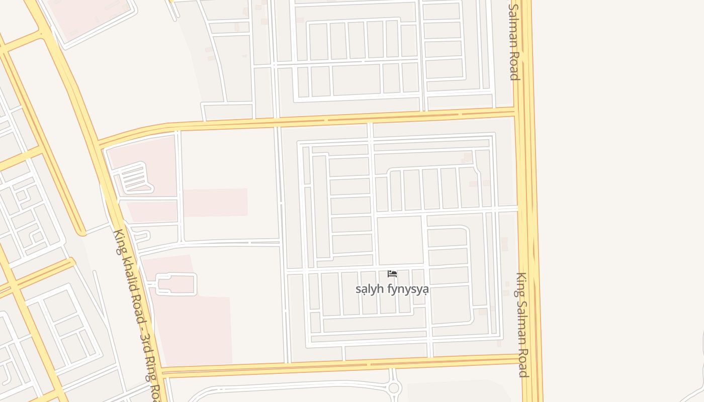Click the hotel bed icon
click(x=392, y=274)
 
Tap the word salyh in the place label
click(x=366, y=289)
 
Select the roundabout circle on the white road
click(x=394, y=388)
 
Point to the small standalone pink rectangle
click(x=215, y=203)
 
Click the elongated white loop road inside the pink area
click(x=176, y=284)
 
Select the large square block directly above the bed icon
click(x=400, y=240)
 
